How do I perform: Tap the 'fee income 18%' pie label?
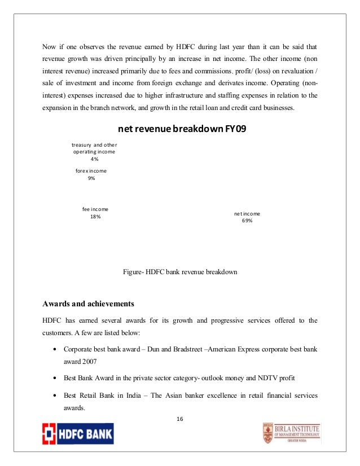tap(95, 213)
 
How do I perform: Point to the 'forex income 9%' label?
tap(91, 174)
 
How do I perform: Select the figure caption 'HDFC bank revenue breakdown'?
tap(180, 271)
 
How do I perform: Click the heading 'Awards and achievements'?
tap(88, 303)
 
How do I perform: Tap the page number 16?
tap(179, 419)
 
